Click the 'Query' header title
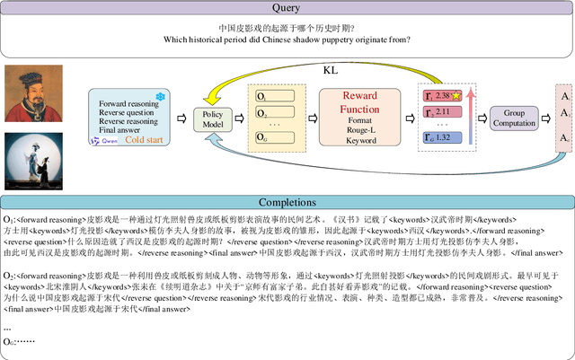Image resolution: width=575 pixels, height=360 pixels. pos(287,8)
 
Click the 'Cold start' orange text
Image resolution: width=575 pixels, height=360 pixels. pos(144,140)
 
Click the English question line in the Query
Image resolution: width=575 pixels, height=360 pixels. pos(288,40)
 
